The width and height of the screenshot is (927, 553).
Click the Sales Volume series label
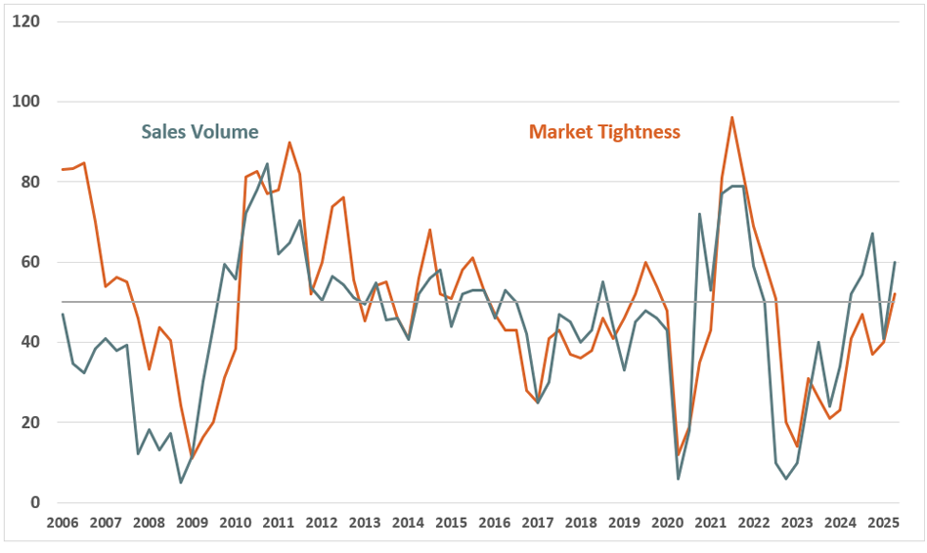(x=199, y=132)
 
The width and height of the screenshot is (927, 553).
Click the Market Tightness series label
(x=604, y=132)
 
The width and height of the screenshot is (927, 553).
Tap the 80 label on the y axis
(x=30, y=182)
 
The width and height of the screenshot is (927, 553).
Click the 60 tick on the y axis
(x=30, y=262)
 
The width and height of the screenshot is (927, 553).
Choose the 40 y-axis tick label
(x=30, y=342)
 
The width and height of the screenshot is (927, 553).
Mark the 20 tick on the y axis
(x=30, y=423)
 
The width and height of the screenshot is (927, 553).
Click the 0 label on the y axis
(x=34, y=503)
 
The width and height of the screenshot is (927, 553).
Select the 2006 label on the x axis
(x=62, y=523)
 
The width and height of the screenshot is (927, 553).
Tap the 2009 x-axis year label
(x=192, y=523)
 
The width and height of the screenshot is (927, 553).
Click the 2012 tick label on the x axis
(x=321, y=523)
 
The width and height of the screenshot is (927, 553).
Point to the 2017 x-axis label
(x=537, y=523)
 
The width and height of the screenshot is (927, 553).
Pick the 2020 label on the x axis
(x=667, y=523)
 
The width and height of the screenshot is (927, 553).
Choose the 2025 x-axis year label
(x=883, y=523)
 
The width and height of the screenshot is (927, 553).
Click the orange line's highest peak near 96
(x=732, y=117)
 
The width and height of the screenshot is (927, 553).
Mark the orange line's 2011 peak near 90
(x=289, y=143)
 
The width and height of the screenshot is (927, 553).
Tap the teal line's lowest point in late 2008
(x=181, y=483)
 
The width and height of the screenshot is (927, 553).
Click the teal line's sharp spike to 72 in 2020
(x=700, y=214)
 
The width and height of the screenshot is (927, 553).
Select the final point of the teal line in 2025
(x=895, y=262)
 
